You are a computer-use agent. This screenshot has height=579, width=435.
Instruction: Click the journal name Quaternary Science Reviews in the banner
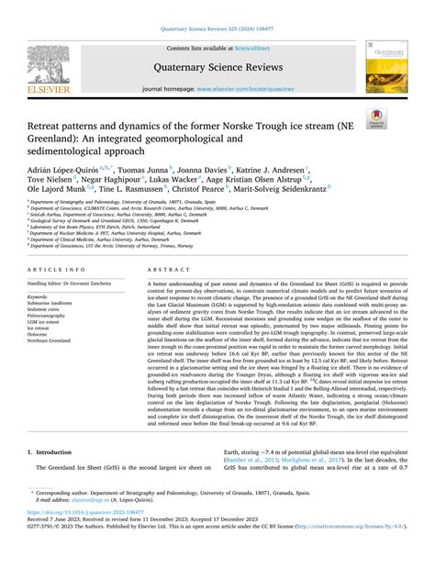coord(217,66)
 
